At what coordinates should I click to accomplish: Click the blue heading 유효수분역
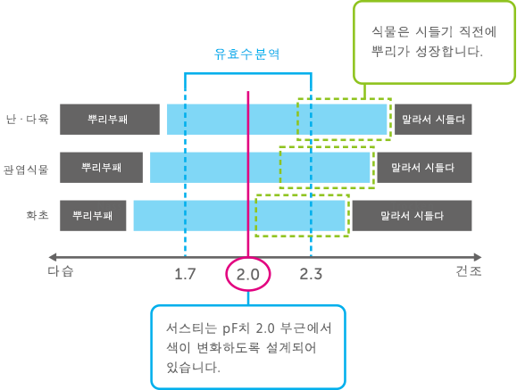[x=246, y=54]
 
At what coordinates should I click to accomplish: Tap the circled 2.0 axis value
[x=248, y=274]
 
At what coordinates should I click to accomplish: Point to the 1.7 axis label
[x=185, y=274]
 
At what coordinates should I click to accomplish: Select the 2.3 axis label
[x=311, y=274]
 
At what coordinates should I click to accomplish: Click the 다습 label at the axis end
[x=61, y=271]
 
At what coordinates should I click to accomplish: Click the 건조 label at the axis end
[x=469, y=271]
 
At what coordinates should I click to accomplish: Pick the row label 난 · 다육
[x=28, y=119]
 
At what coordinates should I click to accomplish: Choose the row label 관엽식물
[x=26, y=170]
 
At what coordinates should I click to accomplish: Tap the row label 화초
[x=38, y=215]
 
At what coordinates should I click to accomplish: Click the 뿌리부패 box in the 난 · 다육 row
[x=110, y=120]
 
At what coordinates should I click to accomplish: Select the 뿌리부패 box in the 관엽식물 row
[x=101, y=168]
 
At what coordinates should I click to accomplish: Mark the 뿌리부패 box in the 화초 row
[x=93, y=216]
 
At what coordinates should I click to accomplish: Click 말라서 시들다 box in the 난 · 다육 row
[x=433, y=120]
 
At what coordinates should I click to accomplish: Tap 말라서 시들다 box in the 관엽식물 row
[x=424, y=168]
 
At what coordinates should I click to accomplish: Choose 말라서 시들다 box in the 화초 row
[x=413, y=216]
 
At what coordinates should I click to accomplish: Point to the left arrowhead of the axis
[x=52, y=257]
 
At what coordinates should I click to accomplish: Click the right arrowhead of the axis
[x=478, y=257]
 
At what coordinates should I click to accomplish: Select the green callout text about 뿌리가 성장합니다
[x=434, y=42]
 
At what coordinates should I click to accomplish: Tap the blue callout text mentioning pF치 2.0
[x=249, y=347]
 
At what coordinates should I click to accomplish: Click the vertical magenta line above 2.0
[x=248, y=174]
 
